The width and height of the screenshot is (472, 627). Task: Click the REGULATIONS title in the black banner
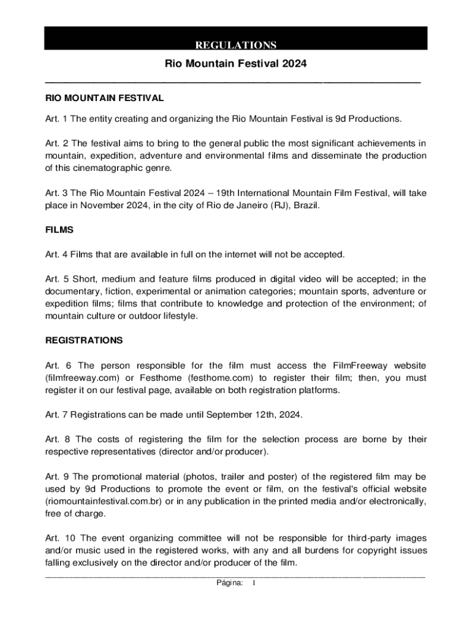[x=235, y=45]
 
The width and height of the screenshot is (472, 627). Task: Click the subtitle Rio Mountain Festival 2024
[x=235, y=64]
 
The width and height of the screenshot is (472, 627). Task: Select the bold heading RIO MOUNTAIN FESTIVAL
[x=104, y=98]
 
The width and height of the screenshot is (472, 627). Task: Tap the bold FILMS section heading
[x=59, y=230]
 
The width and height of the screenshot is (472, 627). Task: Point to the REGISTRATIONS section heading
[x=84, y=340]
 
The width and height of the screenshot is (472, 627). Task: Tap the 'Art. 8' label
[x=58, y=439]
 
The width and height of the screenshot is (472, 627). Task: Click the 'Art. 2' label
[x=58, y=143]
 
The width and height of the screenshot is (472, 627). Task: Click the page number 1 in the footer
[x=254, y=583]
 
